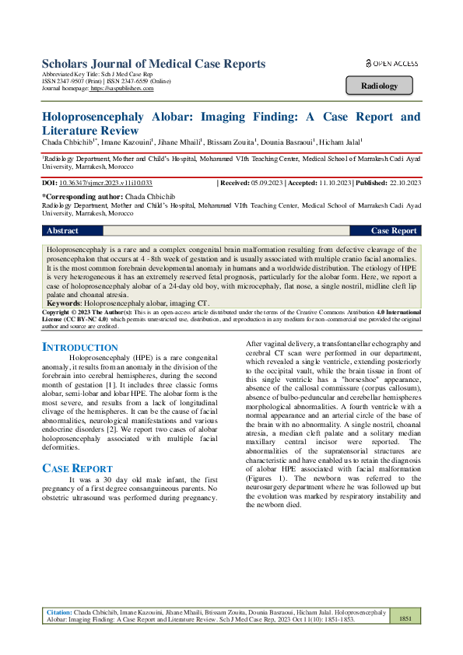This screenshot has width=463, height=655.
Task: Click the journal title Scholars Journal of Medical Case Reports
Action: pyautogui.click(x=153, y=64)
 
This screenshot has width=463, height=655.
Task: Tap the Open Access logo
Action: pyautogui.click(x=391, y=63)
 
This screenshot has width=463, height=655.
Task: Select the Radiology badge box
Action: pyautogui.click(x=381, y=86)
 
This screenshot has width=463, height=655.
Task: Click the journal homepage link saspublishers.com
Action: pyautogui.click(x=122, y=89)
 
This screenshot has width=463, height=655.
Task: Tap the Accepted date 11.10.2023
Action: pyautogui.click(x=333, y=183)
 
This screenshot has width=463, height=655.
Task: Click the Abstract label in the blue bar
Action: pyautogui.click(x=63, y=231)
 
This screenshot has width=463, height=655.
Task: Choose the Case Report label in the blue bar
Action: pyautogui.click(x=394, y=231)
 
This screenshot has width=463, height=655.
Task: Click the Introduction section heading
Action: pyautogui.click(x=79, y=346)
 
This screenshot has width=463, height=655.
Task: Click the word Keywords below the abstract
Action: pyautogui.click(x=65, y=301)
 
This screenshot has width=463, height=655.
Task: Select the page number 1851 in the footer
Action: pyautogui.click(x=405, y=618)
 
